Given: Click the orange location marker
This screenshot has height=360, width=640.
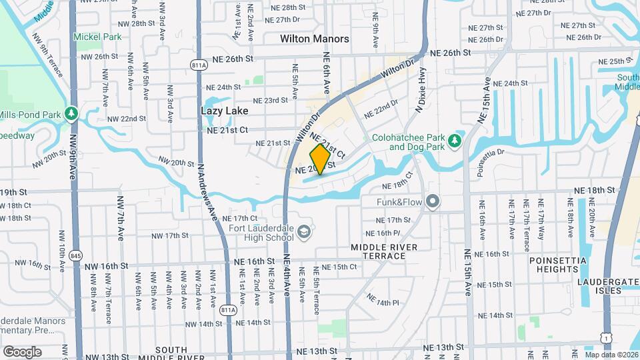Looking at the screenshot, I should [320, 159].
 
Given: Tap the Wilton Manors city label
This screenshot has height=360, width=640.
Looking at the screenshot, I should [315, 39].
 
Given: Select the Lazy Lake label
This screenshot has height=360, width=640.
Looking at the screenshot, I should [225, 111].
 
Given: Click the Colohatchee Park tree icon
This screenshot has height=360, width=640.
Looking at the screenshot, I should [455, 141].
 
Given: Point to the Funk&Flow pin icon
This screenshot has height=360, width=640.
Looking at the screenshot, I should [433, 201].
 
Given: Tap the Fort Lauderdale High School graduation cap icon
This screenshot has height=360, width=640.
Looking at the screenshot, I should [304, 232].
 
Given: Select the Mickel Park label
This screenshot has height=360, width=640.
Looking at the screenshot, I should [97, 37].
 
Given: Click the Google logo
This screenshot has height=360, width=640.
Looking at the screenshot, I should [22, 351].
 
